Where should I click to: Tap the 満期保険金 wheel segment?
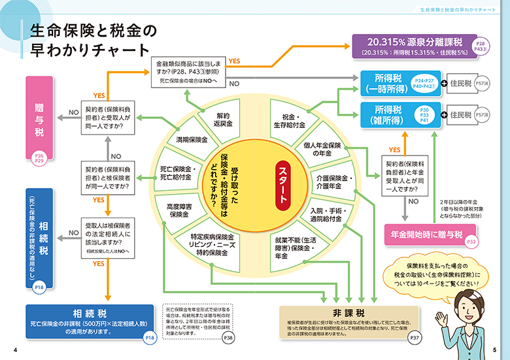pyautogui.click(x=192, y=140)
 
